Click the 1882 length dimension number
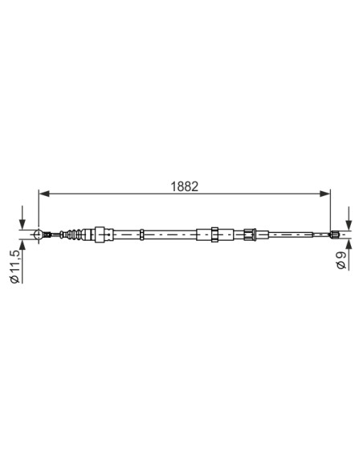tap(185, 184)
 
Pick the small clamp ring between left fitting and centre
tap(141, 234)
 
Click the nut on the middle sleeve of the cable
tap(214, 234)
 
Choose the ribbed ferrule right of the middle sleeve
tap(250, 234)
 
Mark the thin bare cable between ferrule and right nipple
tap(293, 234)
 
